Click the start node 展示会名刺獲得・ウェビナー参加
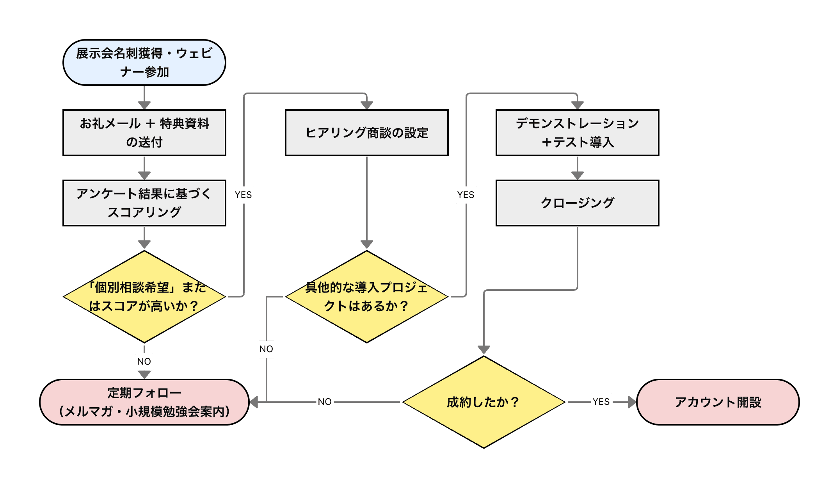click(144, 62)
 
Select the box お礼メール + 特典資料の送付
click(144, 133)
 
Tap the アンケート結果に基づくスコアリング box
click(144, 203)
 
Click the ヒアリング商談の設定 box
click(367, 133)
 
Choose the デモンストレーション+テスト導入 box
click(578, 133)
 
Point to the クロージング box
click(578, 203)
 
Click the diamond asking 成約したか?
click(484, 402)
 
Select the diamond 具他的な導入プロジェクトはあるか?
click(367, 297)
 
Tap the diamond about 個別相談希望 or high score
click(144, 297)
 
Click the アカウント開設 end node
click(718, 402)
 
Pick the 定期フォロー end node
click(144, 402)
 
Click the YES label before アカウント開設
click(601, 402)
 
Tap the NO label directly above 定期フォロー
click(144, 362)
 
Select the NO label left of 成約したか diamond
click(325, 402)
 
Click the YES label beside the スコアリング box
click(244, 195)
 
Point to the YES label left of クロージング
click(466, 195)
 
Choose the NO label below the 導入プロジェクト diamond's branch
click(267, 349)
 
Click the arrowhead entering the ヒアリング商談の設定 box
click(367, 105)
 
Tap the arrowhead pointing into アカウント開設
click(632, 402)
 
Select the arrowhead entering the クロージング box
click(578, 175)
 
